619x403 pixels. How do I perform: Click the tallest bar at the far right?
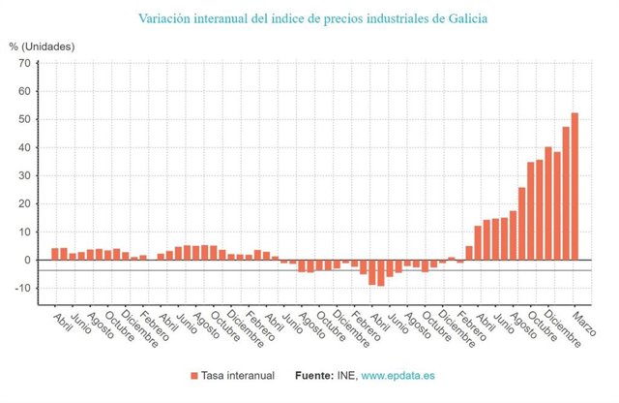(575, 186)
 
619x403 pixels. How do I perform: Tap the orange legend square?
(195, 375)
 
